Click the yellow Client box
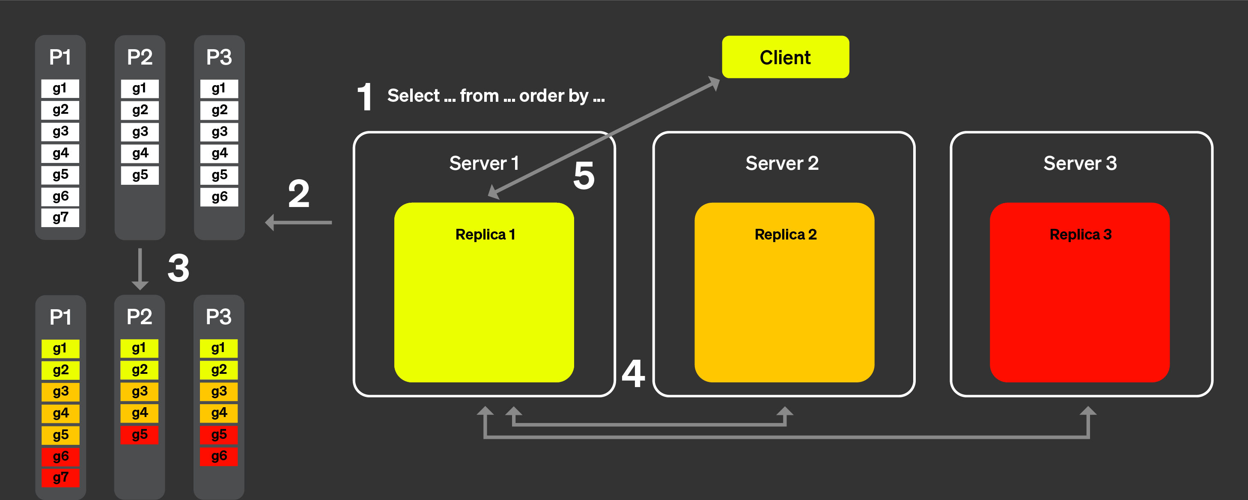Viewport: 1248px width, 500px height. click(x=785, y=57)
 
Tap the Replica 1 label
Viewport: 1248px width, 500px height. click(x=485, y=235)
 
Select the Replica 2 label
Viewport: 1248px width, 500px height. click(x=785, y=235)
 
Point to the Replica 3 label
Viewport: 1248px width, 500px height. click(x=1080, y=235)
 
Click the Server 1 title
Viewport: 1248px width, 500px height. click(x=483, y=163)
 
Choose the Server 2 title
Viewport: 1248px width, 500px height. click(x=782, y=163)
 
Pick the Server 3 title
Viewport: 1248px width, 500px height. click(x=1080, y=163)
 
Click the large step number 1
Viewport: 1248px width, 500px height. click(x=365, y=97)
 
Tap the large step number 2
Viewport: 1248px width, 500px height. click(x=298, y=194)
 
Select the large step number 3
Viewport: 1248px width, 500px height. click(x=178, y=268)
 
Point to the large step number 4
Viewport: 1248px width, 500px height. click(x=633, y=374)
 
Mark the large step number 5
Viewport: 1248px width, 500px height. click(x=584, y=176)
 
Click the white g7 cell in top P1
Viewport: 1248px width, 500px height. click(x=60, y=218)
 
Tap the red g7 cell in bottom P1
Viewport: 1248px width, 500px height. click(x=60, y=478)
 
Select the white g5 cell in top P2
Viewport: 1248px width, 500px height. click(x=140, y=175)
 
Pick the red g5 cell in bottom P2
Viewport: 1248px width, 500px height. click(x=140, y=435)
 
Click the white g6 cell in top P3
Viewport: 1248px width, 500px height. click(x=219, y=196)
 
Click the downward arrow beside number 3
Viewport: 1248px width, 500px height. click(x=140, y=269)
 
